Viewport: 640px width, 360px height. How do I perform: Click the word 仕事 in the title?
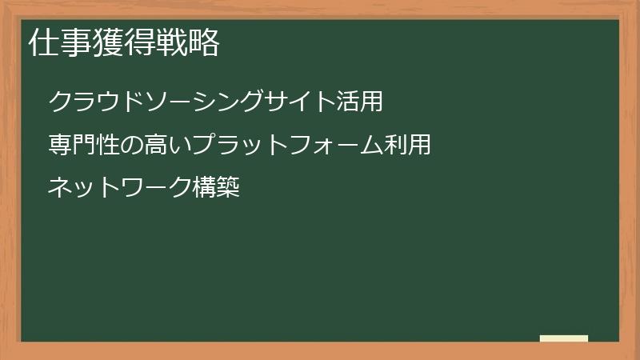(59, 43)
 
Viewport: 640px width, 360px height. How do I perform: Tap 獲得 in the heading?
(123, 43)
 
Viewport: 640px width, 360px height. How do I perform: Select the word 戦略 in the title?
(187, 43)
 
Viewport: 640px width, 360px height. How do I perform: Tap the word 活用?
(358, 102)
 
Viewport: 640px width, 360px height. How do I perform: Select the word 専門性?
(84, 145)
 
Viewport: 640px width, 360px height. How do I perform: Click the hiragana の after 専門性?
(132, 145)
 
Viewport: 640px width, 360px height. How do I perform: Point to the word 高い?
(168, 145)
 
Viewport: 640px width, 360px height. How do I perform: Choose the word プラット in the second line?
(240, 145)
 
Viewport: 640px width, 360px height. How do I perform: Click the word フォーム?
(336, 145)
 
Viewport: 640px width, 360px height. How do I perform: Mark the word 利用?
(408, 145)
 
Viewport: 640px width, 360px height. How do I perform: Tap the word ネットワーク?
(120, 188)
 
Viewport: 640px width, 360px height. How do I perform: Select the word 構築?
(216, 188)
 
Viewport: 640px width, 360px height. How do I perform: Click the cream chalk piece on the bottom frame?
(564, 338)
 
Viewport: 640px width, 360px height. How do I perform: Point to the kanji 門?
(84, 145)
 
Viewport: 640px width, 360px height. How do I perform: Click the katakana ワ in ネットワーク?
(132, 188)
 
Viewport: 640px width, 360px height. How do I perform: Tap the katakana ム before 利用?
(372, 145)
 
